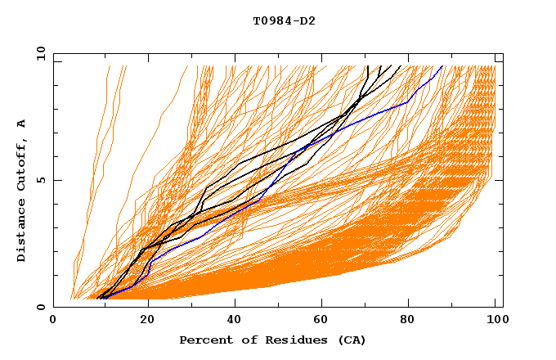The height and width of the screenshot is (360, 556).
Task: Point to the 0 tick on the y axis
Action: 41,307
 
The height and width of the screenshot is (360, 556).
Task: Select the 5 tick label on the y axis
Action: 41,180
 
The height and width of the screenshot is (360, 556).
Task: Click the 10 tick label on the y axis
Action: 38,53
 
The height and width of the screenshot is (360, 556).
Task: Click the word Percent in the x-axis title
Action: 203,340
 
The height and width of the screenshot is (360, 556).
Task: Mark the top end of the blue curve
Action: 442,66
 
